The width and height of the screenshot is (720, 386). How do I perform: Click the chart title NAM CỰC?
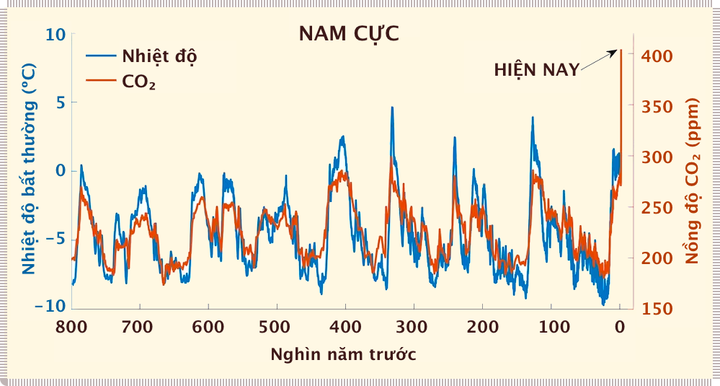point(349,34)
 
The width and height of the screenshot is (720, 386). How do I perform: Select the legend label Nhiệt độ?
point(159,56)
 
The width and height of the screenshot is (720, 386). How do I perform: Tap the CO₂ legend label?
point(140,82)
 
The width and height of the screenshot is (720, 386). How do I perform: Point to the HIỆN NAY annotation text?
point(536,70)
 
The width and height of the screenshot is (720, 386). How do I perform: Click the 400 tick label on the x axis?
point(345,327)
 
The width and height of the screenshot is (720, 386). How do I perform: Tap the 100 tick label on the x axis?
point(551,327)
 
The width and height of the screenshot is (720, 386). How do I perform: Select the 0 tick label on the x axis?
point(620,327)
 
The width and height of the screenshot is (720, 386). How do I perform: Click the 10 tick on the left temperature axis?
point(57,35)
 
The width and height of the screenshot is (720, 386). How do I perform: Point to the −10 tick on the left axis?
point(50,307)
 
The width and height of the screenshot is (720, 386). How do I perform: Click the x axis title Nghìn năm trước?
point(343,354)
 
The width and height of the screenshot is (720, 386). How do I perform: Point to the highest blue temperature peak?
point(392,108)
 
